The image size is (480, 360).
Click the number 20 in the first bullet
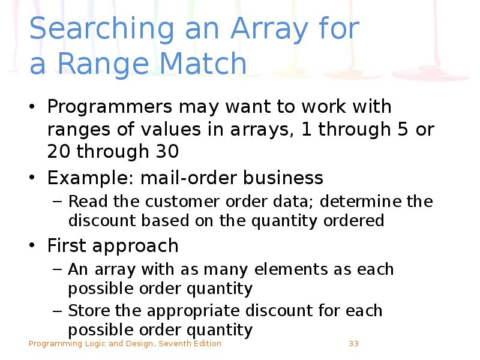point(58,151)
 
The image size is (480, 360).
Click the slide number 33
point(353,344)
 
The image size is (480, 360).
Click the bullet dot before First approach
point(34,246)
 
